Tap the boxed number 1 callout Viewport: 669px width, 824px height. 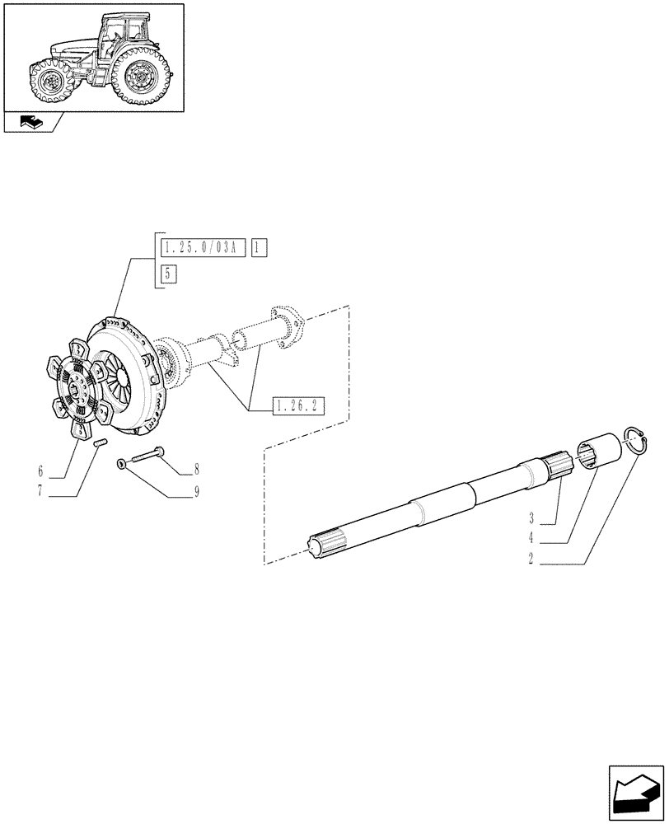(259, 248)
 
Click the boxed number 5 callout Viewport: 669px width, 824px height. (168, 274)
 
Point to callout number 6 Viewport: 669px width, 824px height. (40, 472)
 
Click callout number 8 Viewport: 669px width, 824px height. (196, 471)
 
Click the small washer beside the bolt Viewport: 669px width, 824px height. (121, 465)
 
